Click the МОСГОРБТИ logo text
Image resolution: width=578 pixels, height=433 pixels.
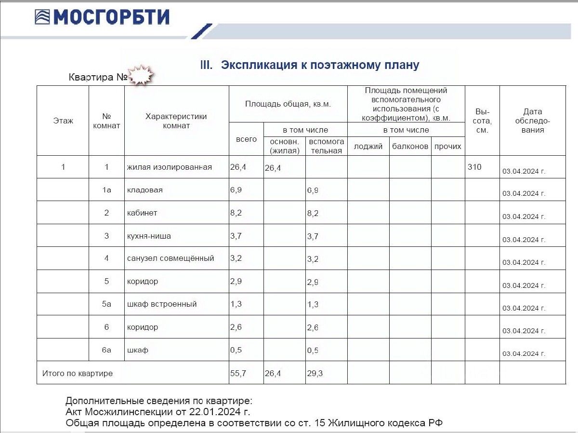point(111,17)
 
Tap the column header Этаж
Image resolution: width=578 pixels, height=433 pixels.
point(63,121)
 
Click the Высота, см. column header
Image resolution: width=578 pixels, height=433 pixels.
point(482,121)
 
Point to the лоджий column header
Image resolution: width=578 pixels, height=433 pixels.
point(368,146)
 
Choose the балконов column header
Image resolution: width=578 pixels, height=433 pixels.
point(410,146)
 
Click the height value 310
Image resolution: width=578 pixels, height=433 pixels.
point(474,167)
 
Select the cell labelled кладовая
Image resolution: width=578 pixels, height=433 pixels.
point(144,190)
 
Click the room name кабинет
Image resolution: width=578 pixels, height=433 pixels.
point(142,213)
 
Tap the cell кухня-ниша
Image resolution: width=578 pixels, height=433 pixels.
point(149,236)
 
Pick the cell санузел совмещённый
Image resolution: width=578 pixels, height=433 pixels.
point(171,258)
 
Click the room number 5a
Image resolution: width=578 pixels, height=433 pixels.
point(106,304)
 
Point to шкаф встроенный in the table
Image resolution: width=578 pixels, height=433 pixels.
point(162,304)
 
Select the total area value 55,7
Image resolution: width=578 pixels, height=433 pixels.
point(238,373)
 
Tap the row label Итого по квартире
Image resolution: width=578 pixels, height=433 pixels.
point(78,373)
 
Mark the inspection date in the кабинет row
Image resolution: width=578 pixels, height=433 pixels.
point(524,216)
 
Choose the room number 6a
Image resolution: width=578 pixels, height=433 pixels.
point(106,350)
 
